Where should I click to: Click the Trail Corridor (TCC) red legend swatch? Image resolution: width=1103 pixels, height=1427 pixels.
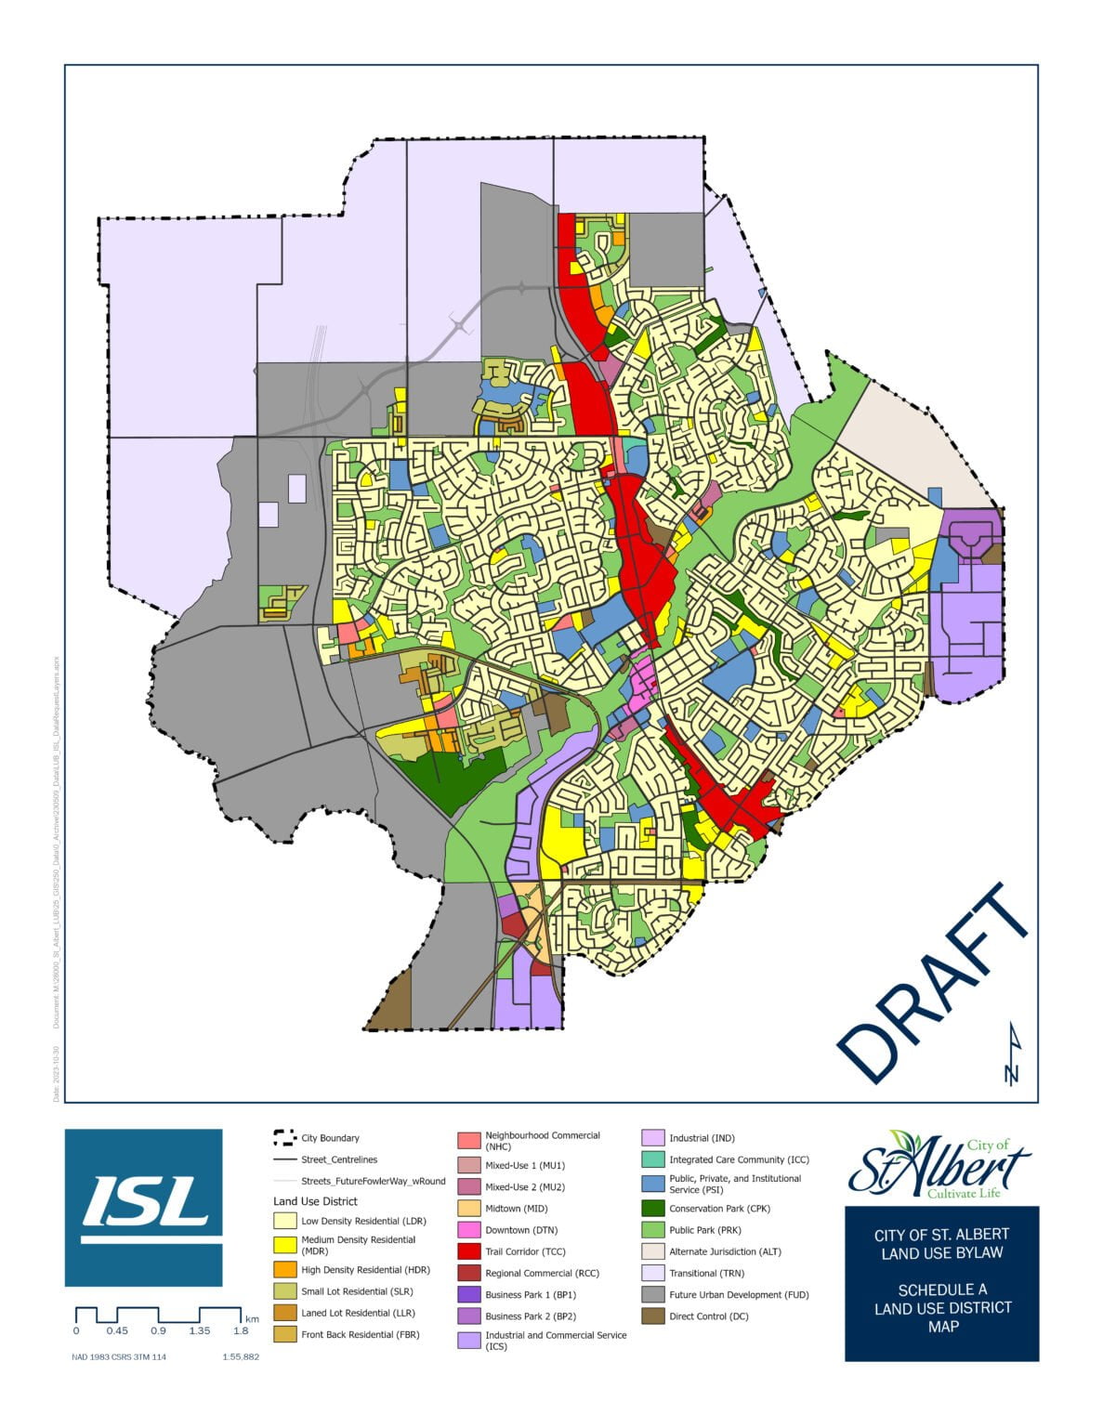pyautogui.click(x=469, y=1251)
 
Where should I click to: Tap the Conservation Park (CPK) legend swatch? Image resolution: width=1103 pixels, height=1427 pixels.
pyautogui.click(x=653, y=1209)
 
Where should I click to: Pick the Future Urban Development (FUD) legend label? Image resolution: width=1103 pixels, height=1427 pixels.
pyautogui.click(x=739, y=1294)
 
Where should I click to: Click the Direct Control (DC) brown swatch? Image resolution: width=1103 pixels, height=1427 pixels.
pyautogui.click(x=653, y=1316)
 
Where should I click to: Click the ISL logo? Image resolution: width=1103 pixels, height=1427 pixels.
pyautogui.click(x=143, y=1207)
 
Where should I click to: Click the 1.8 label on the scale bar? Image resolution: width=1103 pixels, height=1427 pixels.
pyautogui.click(x=241, y=1330)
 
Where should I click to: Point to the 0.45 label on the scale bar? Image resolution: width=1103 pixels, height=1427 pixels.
pyautogui.click(x=117, y=1330)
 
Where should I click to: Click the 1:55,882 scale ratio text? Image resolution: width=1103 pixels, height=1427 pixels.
pyautogui.click(x=241, y=1357)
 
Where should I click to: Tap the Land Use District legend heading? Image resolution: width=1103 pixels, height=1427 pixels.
pyautogui.click(x=315, y=1201)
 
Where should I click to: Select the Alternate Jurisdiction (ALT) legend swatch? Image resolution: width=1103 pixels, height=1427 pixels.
pyautogui.click(x=653, y=1251)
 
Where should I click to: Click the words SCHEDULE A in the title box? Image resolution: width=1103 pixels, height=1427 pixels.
pyautogui.click(x=942, y=1290)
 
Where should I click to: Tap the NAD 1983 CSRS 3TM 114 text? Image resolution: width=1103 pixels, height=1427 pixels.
pyautogui.click(x=119, y=1357)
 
